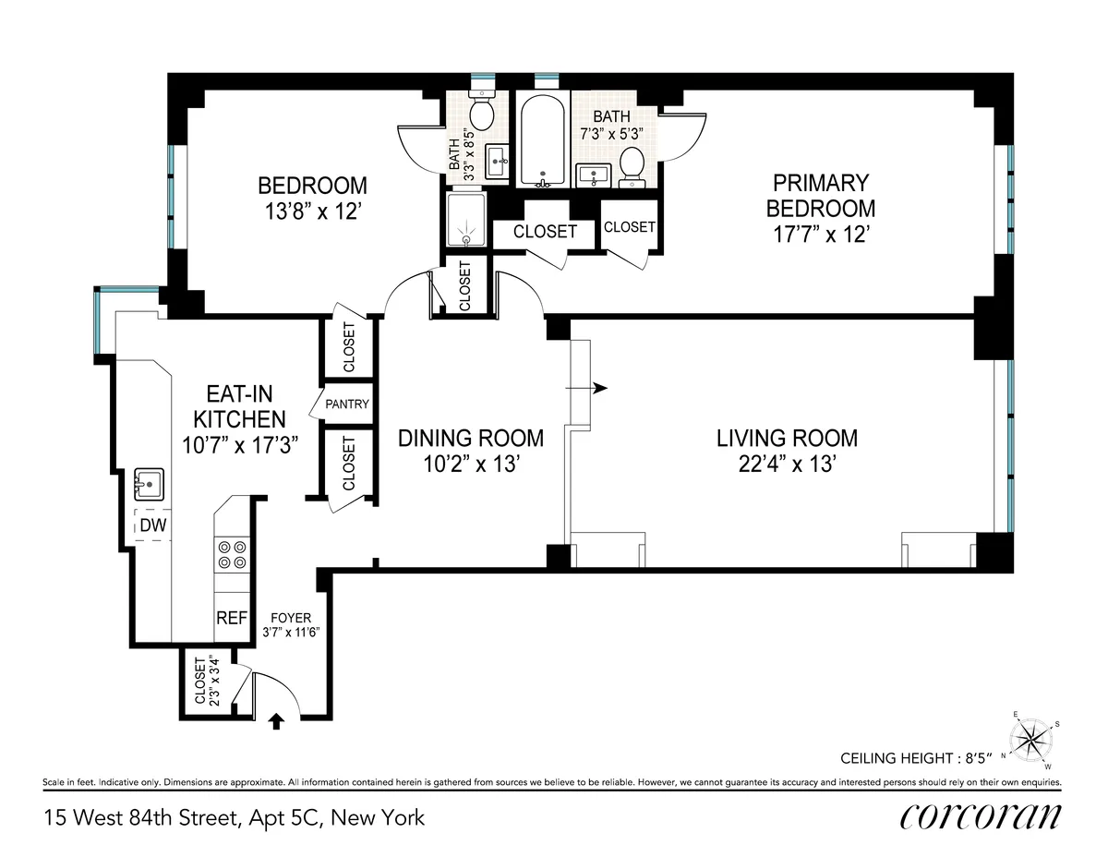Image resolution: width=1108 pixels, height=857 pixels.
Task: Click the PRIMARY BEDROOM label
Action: [x=820, y=195]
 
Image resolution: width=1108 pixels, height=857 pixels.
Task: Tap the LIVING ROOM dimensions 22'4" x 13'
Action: [x=787, y=465]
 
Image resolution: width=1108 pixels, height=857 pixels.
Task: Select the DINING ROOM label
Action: [x=471, y=438]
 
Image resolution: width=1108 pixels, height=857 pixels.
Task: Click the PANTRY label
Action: [x=347, y=404]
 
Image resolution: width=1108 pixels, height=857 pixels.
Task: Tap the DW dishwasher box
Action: [x=153, y=525]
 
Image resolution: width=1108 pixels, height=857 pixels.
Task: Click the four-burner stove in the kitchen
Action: [x=232, y=554]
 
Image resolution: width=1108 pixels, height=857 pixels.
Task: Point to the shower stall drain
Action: [x=466, y=238]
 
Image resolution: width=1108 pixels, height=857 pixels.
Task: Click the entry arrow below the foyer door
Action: [x=275, y=720]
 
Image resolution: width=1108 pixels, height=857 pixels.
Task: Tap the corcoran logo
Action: [x=979, y=816]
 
